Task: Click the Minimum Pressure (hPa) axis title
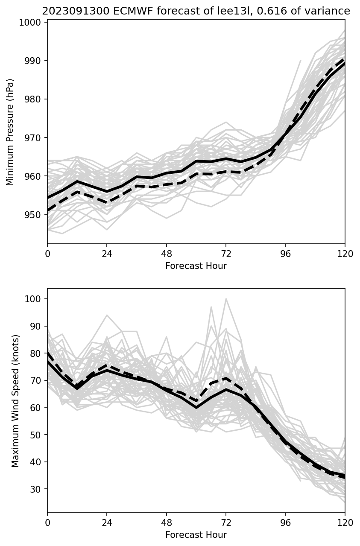pyautogui.click(x=10, y=132)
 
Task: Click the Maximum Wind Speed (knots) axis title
pyautogui.click(x=15, y=400)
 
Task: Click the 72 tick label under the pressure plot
pyautogui.click(x=226, y=254)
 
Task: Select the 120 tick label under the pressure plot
pyautogui.click(x=345, y=254)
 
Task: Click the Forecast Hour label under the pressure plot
pyautogui.click(x=196, y=266)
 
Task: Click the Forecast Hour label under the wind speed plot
pyautogui.click(x=196, y=535)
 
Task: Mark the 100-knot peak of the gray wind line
pyautogui.click(x=226, y=299)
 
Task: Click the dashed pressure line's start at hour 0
pyautogui.click(x=48, y=210)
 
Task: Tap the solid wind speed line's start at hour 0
pyautogui.click(x=48, y=361)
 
